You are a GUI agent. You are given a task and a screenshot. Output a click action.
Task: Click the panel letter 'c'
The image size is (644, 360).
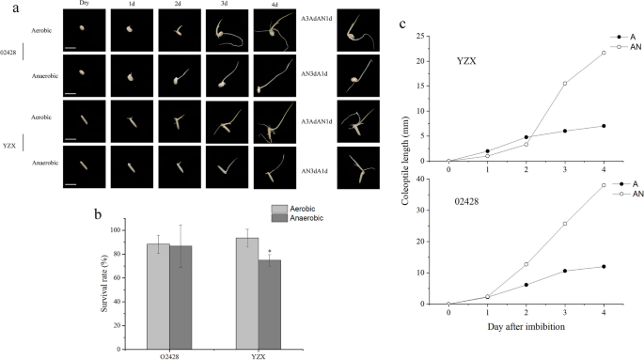(x=402, y=23)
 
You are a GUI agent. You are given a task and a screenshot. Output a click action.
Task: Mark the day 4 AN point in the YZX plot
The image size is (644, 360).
(x=604, y=53)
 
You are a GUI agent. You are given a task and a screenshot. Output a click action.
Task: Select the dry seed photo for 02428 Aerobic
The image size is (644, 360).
(x=82, y=30)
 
